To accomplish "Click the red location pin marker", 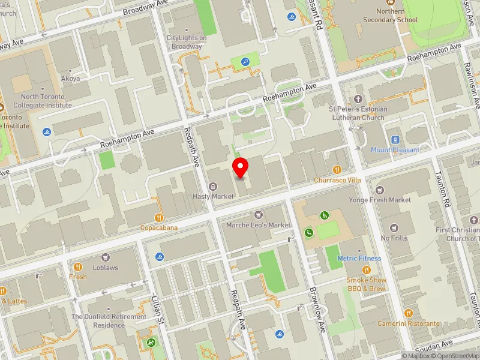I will [241, 167].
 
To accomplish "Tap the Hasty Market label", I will [213, 196].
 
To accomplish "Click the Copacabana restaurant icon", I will [159, 218].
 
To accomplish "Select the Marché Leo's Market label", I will [259, 225].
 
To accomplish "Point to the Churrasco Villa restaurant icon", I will [337, 170].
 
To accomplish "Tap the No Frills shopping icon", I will [394, 228].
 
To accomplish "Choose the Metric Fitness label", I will [359, 259].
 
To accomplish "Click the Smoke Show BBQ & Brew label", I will [366, 284].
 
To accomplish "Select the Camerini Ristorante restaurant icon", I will [409, 313].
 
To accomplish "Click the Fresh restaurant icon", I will [78, 266].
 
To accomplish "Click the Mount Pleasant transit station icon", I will [395, 140].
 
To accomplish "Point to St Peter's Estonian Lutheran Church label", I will [358, 113].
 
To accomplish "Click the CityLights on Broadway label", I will [187, 42].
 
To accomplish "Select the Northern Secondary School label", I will [390, 15].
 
